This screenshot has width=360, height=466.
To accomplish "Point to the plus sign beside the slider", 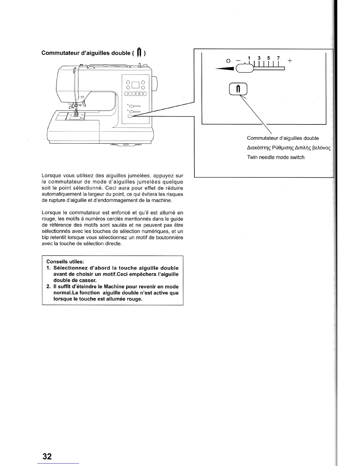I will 290,61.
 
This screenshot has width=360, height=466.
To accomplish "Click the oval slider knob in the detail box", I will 245,68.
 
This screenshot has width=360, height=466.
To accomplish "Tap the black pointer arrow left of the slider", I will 225,69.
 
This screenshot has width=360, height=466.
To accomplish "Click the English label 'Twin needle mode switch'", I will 276,157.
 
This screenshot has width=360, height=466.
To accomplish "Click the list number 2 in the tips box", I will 49,287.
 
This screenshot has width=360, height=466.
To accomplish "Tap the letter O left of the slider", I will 228,61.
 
